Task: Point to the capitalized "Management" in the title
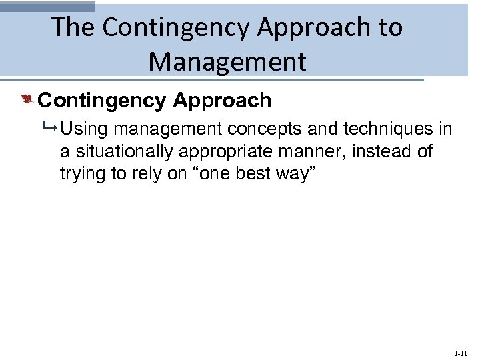[227, 61]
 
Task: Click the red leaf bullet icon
[27, 101]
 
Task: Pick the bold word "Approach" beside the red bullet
[222, 101]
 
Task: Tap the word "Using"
[83, 129]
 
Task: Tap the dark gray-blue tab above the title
[47, 6]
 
